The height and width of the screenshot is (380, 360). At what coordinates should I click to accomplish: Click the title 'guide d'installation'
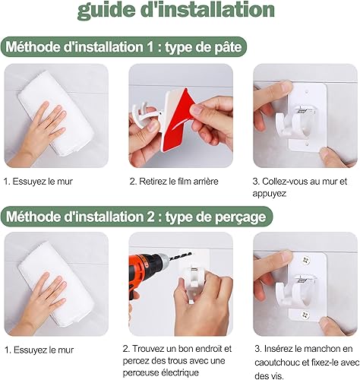[x=176, y=10]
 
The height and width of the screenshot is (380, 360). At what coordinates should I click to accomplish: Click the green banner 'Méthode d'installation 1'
[x=123, y=47]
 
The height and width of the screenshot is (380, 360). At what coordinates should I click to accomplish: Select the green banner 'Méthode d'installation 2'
[x=137, y=217]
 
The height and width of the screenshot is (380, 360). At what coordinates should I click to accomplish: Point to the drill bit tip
[x=191, y=253]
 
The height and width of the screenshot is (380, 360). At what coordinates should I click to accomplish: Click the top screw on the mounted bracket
[x=306, y=260]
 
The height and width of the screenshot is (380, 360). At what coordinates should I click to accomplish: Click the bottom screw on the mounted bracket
[x=305, y=315]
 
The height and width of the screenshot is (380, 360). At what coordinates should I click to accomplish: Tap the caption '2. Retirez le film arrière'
[x=174, y=182]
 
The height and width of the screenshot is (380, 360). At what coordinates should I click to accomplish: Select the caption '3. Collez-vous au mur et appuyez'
[x=300, y=188]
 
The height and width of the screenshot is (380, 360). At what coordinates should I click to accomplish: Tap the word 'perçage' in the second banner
[x=241, y=217]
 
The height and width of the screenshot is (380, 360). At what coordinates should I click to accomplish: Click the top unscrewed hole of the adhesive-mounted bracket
[x=307, y=90]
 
